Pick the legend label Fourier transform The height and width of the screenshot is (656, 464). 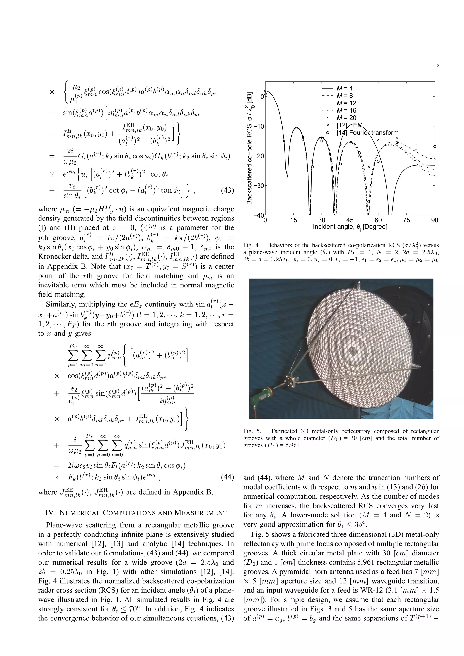point(372,133)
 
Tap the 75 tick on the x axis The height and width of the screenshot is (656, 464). point(406,220)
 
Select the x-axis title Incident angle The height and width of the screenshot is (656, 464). point(350,227)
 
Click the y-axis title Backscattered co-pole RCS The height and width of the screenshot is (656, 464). point(249,148)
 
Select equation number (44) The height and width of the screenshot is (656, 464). point(227,477)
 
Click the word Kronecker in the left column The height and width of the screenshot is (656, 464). point(54,256)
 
